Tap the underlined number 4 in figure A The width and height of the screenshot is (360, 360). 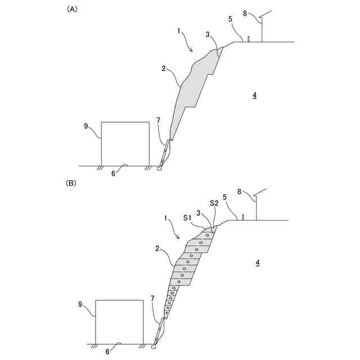(x=254, y=96)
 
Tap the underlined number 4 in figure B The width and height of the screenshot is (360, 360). (x=257, y=263)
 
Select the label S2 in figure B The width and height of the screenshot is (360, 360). (x=214, y=203)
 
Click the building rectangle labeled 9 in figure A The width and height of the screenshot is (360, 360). (x=125, y=143)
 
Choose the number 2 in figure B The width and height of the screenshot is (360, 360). (x=159, y=248)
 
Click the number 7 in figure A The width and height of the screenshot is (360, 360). (x=158, y=120)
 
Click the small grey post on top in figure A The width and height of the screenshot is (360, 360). (x=249, y=39)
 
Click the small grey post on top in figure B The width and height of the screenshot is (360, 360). (x=243, y=217)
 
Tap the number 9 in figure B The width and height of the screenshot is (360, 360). (x=80, y=304)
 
